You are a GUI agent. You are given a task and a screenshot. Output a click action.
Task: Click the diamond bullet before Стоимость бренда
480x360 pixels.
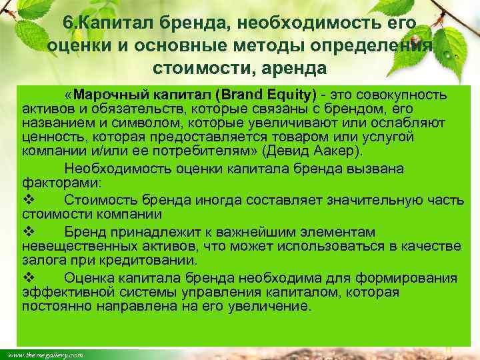27,199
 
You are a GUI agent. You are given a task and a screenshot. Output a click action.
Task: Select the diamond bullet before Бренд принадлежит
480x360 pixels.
27,232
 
